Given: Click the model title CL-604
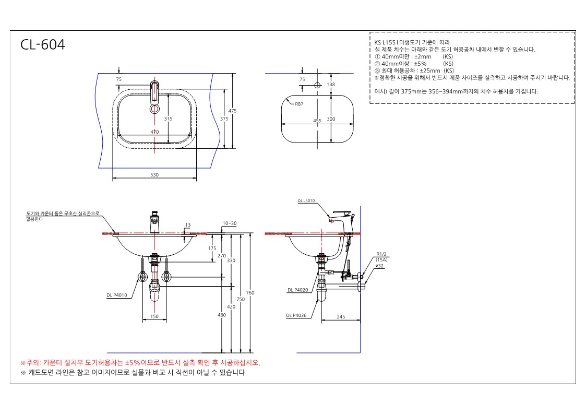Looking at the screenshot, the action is [x=43, y=44].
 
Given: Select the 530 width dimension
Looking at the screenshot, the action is [x=154, y=175].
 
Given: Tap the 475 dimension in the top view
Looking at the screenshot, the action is [x=232, y=111].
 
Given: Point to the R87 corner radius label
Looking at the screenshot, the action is [x=299, y=104].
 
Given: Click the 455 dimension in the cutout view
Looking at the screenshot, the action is [x=317, y=121].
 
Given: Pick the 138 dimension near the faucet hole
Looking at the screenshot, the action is [x=331, y=84].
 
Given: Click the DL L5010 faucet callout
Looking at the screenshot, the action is [x=306, y=201].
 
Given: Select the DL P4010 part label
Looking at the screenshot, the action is [x=116, y=295].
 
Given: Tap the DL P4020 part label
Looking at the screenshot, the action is [x=298, y=290].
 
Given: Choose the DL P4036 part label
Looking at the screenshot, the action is [x=296, y=315].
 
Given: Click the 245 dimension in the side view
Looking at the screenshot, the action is [x=341, y=317].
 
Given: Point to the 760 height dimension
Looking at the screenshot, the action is [x=250, y=293].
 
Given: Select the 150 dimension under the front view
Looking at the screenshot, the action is [x=154, y=316].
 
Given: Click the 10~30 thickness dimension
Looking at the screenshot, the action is [x=230, y=223].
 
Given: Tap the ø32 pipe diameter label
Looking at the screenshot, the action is [x=379, y=266].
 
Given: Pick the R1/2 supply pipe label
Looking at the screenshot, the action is [x=381, y=254].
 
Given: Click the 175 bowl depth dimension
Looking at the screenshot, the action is [x=212, y=248].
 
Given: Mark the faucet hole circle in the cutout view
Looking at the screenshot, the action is [x=317, y=85].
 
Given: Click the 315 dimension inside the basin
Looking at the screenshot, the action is [x=168, y=119].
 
